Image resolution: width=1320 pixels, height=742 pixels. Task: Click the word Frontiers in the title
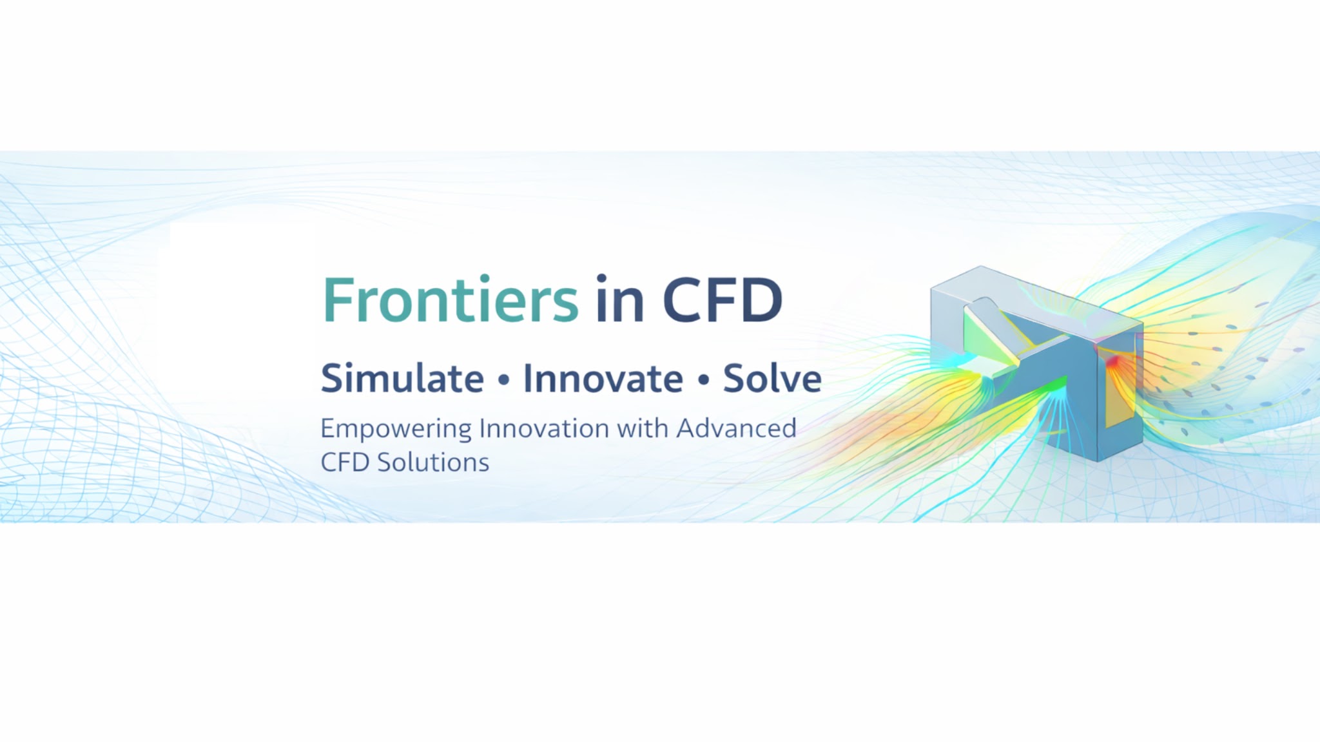pyautogui.click(x=451, y=300)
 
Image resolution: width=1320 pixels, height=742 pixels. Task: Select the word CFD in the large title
pyautogui.click(x=723, y=300)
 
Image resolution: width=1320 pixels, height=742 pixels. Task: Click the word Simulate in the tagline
pyautogui.click(x=402, y=378)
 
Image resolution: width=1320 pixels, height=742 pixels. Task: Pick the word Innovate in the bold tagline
pyautogui.click(x=603, y=378)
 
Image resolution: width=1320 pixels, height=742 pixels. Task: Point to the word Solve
pyautogui.click(x=772, y=378)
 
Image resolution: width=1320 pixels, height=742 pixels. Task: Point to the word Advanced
pyautogui.click(x=736, y=428)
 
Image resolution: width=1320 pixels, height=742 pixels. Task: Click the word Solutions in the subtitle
pyautogui.click(x=433, y=462)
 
